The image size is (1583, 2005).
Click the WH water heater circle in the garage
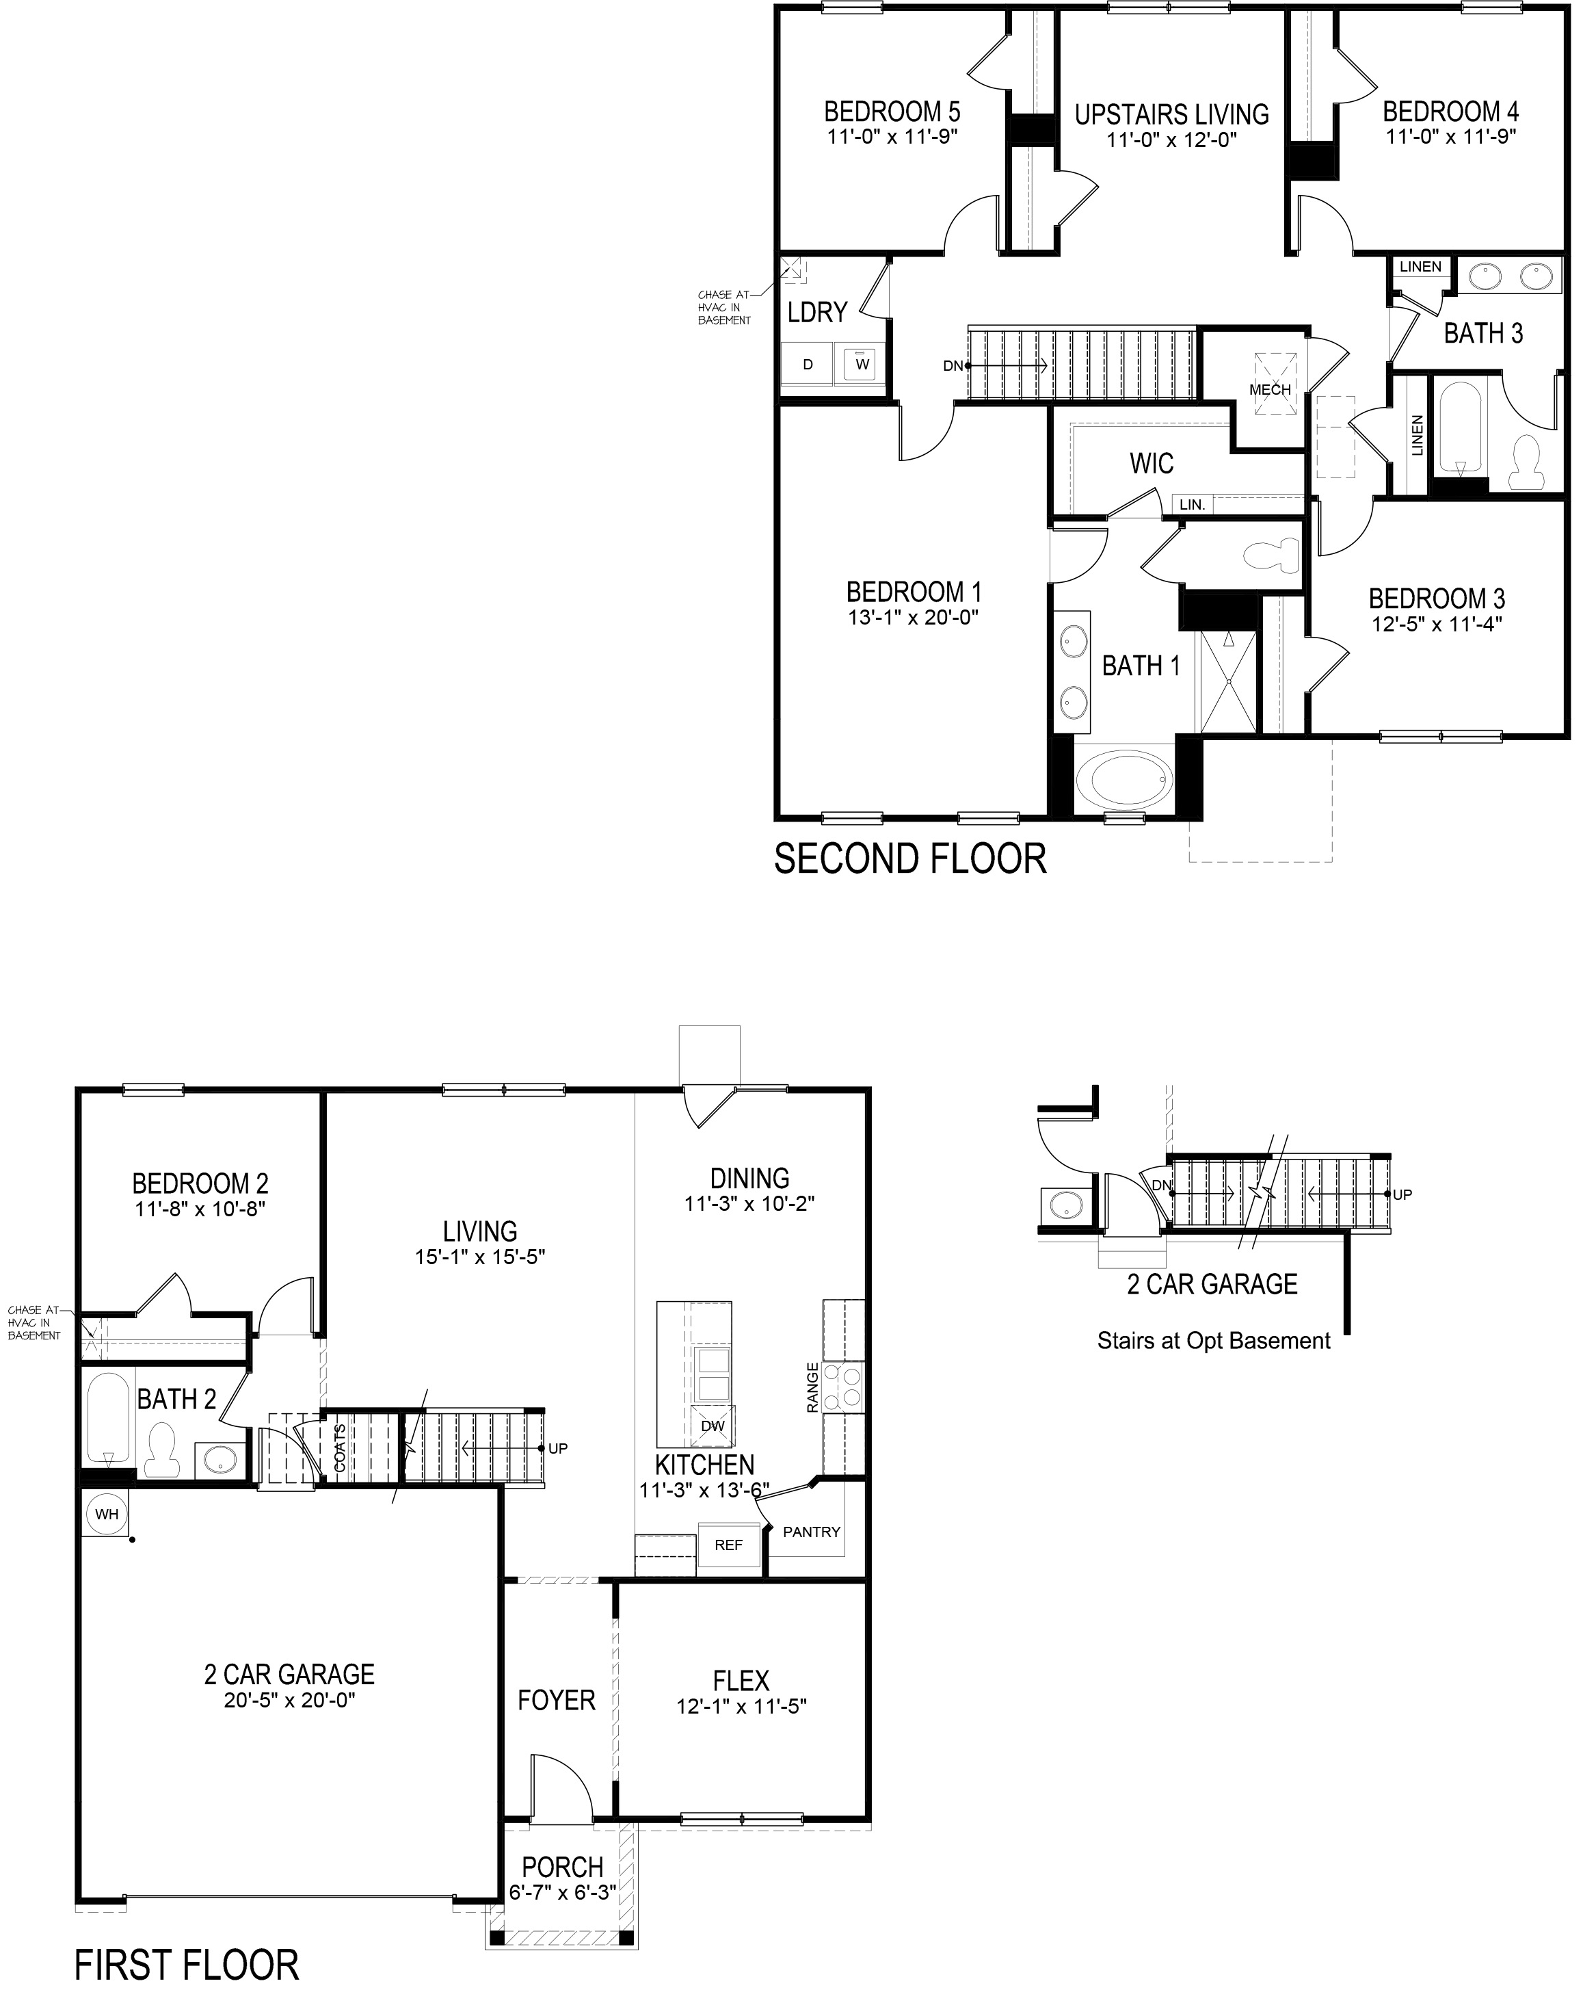[107, 1515]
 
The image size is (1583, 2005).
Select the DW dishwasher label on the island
[712, 1426]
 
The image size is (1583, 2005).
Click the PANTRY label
[811, 1532]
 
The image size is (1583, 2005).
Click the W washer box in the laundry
[862, 365]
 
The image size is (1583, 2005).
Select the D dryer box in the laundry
[808, 365]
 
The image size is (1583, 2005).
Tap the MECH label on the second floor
[1270, 390]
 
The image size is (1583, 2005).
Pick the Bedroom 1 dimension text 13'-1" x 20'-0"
[913, 617]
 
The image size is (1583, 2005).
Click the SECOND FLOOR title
[910, 859]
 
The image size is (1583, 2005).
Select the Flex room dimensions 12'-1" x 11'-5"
[741, 1707]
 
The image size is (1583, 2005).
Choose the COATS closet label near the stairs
[339, 1448]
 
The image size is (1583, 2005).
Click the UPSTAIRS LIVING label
[1171, 115]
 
